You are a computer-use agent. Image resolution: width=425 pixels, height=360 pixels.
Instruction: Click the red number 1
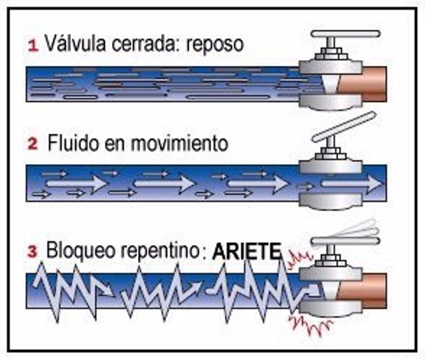[33, 45]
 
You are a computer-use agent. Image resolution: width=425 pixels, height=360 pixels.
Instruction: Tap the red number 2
[33, 144]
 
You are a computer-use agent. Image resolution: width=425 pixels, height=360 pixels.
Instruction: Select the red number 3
[32, 251]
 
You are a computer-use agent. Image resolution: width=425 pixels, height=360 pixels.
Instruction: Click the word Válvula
[75, 43]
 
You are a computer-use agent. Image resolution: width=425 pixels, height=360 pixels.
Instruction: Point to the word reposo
[214, 45]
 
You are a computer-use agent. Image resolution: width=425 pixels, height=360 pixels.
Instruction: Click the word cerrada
[146, 43]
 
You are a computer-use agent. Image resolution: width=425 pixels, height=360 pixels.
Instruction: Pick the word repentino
[162, 251]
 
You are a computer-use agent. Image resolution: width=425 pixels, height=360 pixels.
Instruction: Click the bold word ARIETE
[247, 251]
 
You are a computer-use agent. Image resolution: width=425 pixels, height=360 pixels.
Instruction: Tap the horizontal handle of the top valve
[346, 34]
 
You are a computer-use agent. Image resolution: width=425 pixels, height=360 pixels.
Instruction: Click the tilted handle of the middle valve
[344, 127]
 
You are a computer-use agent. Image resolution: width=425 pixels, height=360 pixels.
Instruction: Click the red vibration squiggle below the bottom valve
[311, 325]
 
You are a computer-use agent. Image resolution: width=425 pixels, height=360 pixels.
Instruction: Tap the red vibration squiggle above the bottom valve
[300, 259]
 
